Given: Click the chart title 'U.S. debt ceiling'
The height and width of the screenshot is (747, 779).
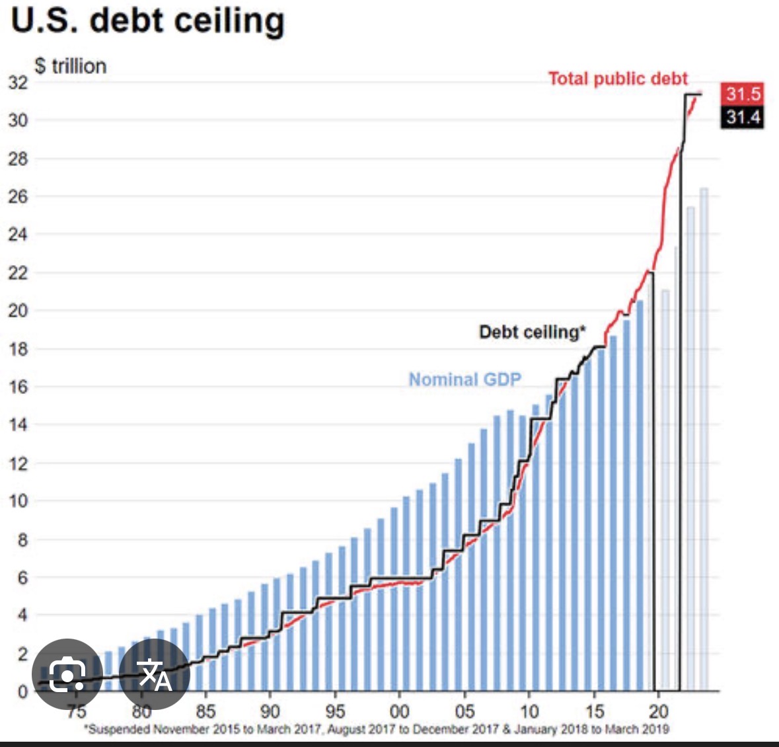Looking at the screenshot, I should click(148, 21).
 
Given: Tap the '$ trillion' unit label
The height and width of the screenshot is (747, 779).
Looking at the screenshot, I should click(71, 66).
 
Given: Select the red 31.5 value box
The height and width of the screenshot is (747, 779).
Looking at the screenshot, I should click(743, 94).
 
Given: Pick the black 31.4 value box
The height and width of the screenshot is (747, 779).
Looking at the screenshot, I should click(743, 118).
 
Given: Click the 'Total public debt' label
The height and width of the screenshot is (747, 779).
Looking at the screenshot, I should click(618, 79).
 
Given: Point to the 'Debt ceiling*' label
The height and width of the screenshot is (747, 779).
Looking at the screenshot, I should click(532, 332).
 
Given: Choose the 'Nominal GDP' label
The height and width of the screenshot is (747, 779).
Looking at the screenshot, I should click(464, 379).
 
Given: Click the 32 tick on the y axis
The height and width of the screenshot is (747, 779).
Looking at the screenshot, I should click(19, 83).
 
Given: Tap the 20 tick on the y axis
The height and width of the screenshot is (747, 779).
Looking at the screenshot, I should click(19, 311).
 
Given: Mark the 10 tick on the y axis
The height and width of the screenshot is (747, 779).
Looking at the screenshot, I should click(19, 501).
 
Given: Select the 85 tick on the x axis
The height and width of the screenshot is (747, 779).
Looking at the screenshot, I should click(205, 711).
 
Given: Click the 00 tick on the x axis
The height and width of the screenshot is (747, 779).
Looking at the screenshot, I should click(399, 711).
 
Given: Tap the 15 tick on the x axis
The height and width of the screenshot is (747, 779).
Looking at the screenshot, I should click(594, 711).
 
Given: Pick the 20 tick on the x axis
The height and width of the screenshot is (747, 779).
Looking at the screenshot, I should click(658, 711).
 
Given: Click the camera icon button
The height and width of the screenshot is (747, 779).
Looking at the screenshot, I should click(67, 674).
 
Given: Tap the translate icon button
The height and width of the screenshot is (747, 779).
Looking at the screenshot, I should click(155, 674).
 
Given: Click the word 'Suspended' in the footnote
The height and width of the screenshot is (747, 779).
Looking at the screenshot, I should click(120, 729).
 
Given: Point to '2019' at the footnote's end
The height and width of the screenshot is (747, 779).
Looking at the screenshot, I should click(655, 729).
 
